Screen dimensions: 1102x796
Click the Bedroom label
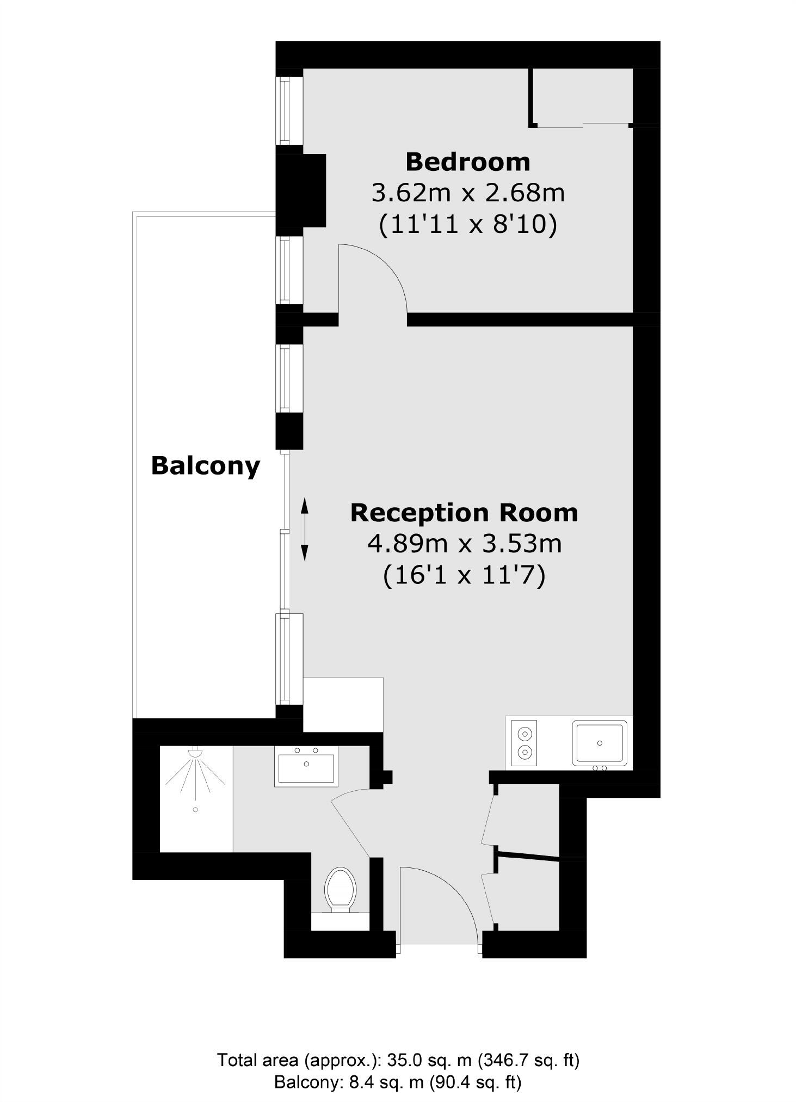pyautogui.click(x=467, y=162)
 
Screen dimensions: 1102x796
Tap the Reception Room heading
pyautogui.click(x=464, y=513)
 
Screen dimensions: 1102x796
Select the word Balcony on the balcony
pyautogui.click(x=205, y=466)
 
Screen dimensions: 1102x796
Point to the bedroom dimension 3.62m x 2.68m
pyautogui.click(x=467, y=193)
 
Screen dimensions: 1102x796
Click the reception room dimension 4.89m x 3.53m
pyautogui.click(x=464, y=544)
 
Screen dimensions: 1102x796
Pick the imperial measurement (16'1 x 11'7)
pyautogui.click(x=464, y=575)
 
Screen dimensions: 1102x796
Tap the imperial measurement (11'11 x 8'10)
pyautogui.click(x=467, y=224)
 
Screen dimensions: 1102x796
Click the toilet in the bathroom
pyautogui.click(x=340, y=890)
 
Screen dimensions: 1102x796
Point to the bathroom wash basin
pyautogui.click(x=306, y=767)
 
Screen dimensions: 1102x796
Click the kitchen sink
pyautogui.click(x=600, y=743)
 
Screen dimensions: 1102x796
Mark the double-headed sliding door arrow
pyautogui.click(x=305, y=529)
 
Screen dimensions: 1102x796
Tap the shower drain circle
pyautogui.click(x=195, y=810)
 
